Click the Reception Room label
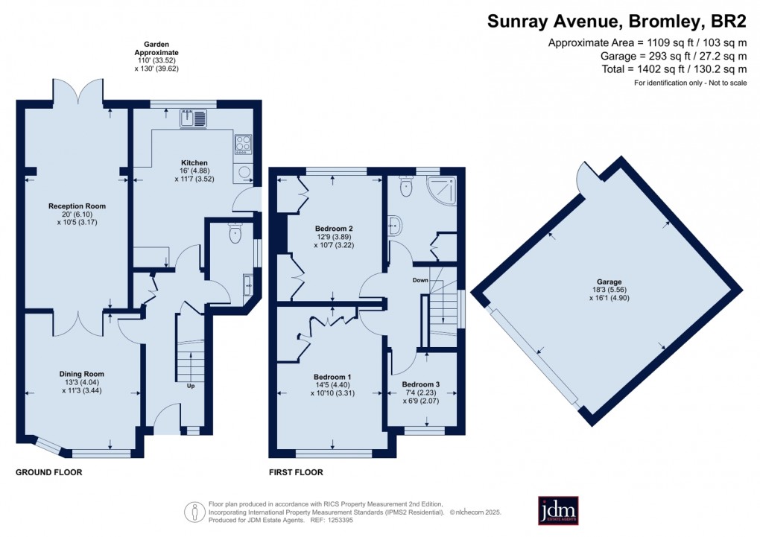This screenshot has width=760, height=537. tap(77, 206)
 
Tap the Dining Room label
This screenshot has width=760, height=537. tap(82, 374)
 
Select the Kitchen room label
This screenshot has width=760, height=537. tap(194, 162)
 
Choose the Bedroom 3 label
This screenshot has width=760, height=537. tap(421, 384)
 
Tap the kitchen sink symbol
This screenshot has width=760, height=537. tap(195, 118)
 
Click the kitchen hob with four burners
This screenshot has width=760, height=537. tap(243, 143)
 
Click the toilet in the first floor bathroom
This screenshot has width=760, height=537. tap(406, 188)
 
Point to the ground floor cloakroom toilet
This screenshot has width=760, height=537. tap(236, 234)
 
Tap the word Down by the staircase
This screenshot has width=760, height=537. tap(420, 281)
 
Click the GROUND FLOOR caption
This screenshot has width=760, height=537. tap(49, 472)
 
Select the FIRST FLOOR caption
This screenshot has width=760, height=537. tap(296, 472)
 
